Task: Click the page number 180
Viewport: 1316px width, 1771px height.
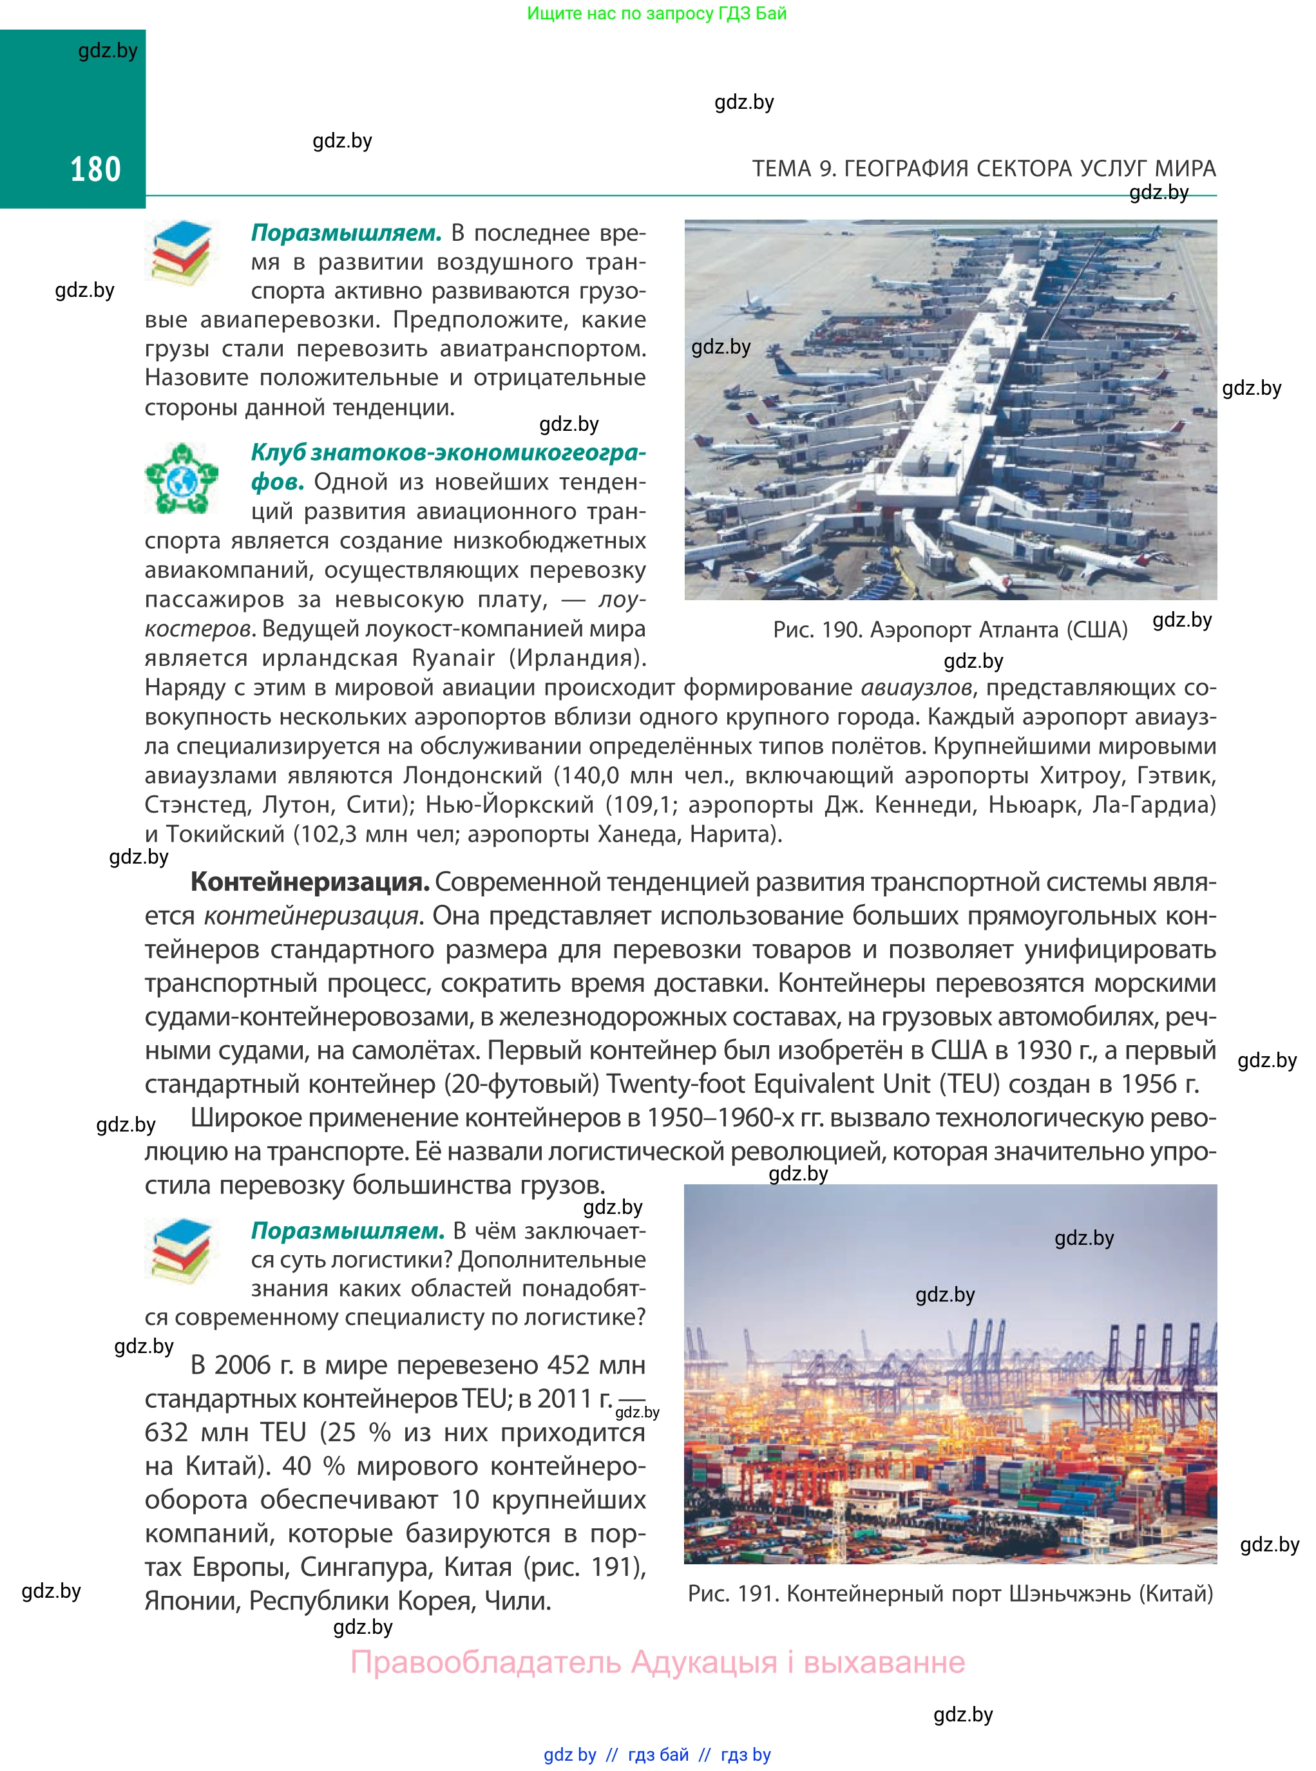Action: (95, 169)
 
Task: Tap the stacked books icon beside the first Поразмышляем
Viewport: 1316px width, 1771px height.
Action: (182, 254)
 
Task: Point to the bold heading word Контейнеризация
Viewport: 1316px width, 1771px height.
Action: (310, 882)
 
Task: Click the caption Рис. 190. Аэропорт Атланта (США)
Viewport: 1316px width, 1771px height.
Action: (949, 630)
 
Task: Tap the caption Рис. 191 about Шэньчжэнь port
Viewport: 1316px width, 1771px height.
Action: (949, 1593)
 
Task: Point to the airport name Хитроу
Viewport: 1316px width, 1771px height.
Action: (1081, 775)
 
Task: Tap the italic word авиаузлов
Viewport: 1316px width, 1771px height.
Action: (916, 687)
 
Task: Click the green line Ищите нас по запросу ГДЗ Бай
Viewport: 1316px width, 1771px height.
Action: (656, 14)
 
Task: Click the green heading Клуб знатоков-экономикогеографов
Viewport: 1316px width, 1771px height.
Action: (448, 452)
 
